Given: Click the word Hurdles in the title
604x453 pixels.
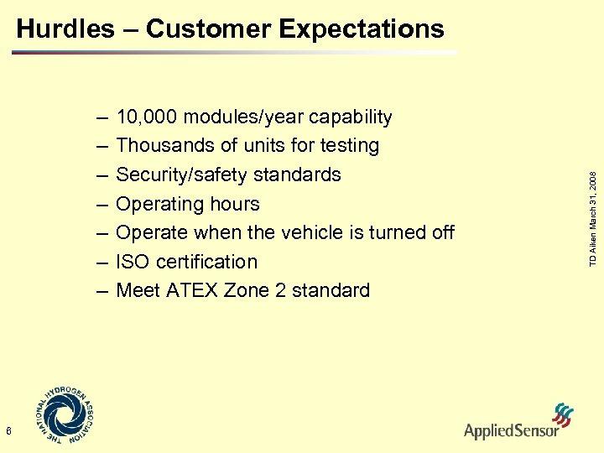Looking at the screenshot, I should tap(65, 29).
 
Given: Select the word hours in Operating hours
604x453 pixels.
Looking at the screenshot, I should tap(237, 204).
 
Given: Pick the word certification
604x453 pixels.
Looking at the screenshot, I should tap(207, 262).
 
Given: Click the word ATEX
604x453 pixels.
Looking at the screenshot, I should tap(186, 291).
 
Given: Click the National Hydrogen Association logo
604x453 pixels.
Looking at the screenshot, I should tap(65, 415).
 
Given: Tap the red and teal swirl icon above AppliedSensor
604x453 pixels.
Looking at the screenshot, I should tap(561, 414).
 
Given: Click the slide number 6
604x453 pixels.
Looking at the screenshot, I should tap(8, 431).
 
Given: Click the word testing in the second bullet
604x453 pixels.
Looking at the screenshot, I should tap(350, 146).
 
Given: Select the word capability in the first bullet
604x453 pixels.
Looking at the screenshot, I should tap(347, 117).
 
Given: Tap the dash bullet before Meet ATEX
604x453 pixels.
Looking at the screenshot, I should tap(102, 291).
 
